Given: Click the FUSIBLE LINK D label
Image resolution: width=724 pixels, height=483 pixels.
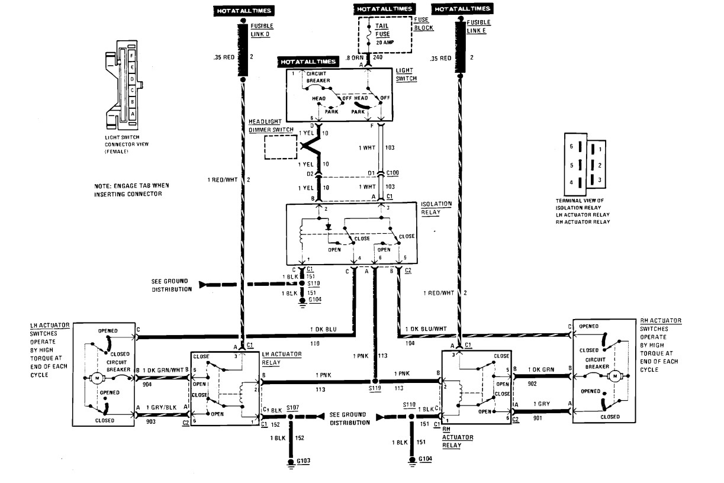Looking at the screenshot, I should click(262, 31).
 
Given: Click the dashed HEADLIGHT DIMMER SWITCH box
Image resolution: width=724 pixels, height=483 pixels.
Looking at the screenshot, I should click(281, 147).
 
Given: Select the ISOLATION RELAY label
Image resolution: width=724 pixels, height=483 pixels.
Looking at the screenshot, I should click(436, 207).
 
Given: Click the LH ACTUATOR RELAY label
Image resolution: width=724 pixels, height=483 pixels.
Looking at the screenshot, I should click(282, 358).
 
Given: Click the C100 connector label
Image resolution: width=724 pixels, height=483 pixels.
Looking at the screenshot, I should click(392, 173).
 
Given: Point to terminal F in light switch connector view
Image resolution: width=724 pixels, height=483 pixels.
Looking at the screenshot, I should click(132, 53).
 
